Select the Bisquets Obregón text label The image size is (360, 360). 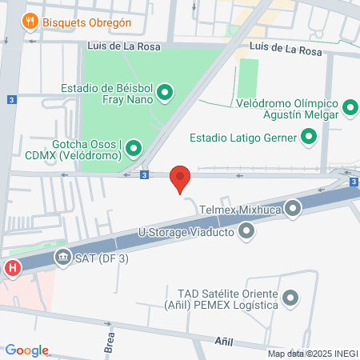pos(87,22)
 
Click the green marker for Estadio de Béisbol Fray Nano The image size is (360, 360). pos(166,94)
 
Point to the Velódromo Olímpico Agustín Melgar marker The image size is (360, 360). pos(350,107)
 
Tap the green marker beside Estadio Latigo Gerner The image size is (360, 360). pos(309,138)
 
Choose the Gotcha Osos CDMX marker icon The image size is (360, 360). pos(133,148)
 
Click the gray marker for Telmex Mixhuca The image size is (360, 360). pos(293,210)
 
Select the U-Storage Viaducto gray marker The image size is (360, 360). pos(246,232)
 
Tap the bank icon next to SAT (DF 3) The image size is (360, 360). pos(62,257)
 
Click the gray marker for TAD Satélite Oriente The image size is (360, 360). pos(290,298)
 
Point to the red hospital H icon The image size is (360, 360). pos(12,268)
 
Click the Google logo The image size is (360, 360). pos(26,350)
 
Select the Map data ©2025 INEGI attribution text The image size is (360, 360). pos(312,354)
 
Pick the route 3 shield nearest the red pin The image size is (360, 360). pos(143,174)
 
